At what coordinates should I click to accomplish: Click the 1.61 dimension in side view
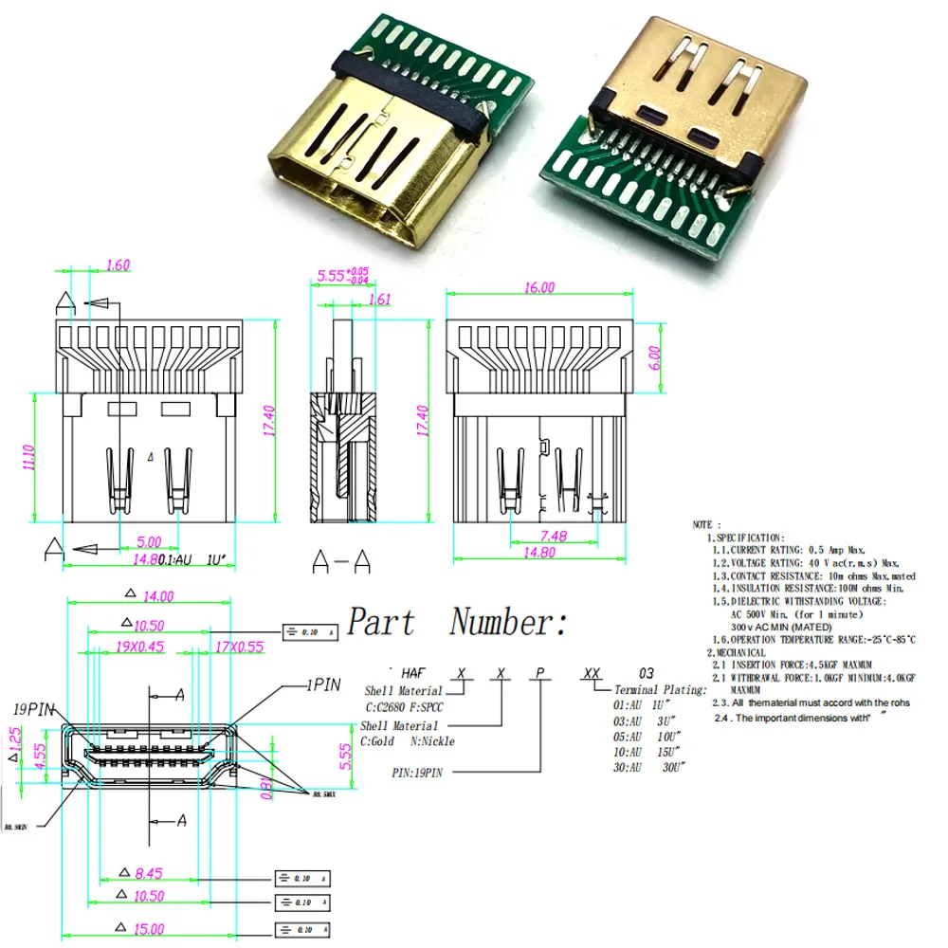(377, 300)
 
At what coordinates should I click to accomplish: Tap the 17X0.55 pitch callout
(240, 647)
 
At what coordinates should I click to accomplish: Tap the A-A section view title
(341, 563)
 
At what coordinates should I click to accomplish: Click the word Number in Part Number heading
(509, 623)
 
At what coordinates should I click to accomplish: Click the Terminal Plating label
(660, 690)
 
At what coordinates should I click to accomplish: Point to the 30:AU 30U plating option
(648, 765)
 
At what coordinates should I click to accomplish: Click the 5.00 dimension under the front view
(148, 542)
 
